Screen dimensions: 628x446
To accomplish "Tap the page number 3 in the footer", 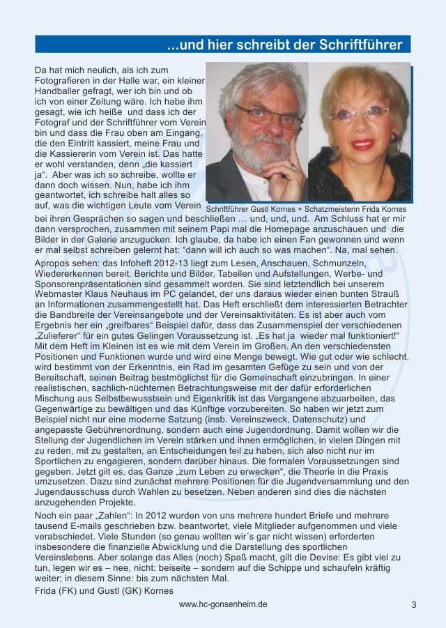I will pyautogui.click(x=413, y=605).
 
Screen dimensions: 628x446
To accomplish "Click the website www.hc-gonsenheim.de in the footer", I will pyautogui.click(x=223, y=604).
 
